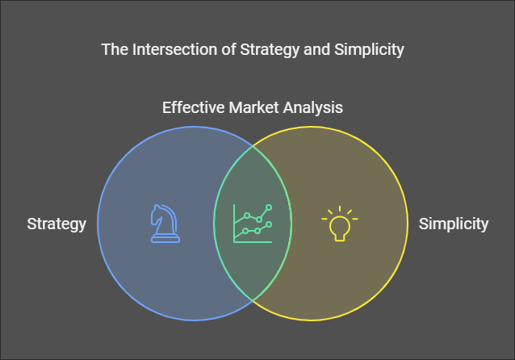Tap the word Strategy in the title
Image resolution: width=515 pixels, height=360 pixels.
pyautogui.click(x=270, y=50)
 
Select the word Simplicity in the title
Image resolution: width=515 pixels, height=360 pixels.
pyautogui.click(x=369, y=50)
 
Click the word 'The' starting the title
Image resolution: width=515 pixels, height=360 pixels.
pyautogui.click(x=115, y=49)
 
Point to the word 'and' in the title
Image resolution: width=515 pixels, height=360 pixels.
pyautogui.click(x=316, y=49)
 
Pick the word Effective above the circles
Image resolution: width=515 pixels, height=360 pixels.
pyautogui.click(x=193, y=107)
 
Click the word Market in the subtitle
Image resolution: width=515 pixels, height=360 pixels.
pyautogui.click(x=253, y=107)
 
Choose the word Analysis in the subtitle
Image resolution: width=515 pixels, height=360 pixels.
pyautogui.click(x=313, y=108)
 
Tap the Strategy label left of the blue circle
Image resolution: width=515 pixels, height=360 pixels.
pyautogui.click(x=57, y=224)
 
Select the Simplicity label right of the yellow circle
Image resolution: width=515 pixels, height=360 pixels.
pyautogui.click(x=454, y=224)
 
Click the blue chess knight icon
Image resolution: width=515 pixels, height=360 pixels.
pyautogui.click(x=165, y=224)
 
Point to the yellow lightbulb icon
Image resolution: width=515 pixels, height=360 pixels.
pyautogui.click(x=340, y=224)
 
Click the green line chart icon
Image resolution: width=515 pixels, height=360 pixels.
pyautogui.click(x=253, y=224)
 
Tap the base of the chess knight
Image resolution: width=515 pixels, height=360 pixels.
pyautogui.click(x=165, y=239)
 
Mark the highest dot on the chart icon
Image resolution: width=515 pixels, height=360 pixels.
pyautogui.click(x=269, y=207)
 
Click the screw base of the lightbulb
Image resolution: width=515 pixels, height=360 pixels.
pyautogui.click(x=340, y=237)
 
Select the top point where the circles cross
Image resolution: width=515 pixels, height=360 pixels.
pyautogui.click(x=253, y=146)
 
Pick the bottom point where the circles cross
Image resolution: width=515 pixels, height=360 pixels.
pyautogui.click(x=253, y=300)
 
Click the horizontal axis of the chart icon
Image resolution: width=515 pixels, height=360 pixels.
pyautogui.click(x=253, y=242)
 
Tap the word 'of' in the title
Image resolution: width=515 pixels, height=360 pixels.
pyautogui.click(x=228, y=49)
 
